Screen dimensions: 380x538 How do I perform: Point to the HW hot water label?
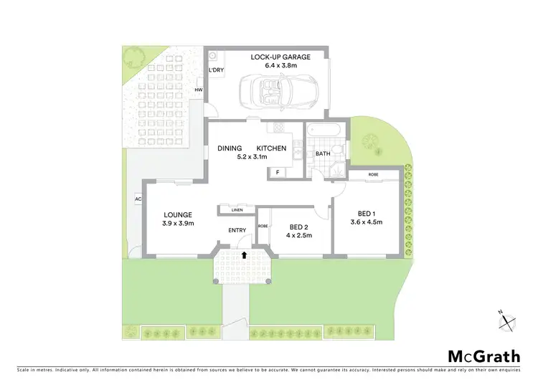[x=199, y=90]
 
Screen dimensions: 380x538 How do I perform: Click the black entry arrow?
[x=245, y=254]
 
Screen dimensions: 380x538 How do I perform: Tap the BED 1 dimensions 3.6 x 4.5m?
[x=366, y=222]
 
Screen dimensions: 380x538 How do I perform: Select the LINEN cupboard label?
[x=237, y=209]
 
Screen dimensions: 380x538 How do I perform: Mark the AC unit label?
[x=136, y=199]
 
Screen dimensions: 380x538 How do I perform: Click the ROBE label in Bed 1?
[x=373, y=175]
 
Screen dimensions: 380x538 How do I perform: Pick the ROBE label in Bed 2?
[x=263, y=225]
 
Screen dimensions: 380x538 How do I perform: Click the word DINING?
[x=230, y=148]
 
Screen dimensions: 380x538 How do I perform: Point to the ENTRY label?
[x=237, y=230]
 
